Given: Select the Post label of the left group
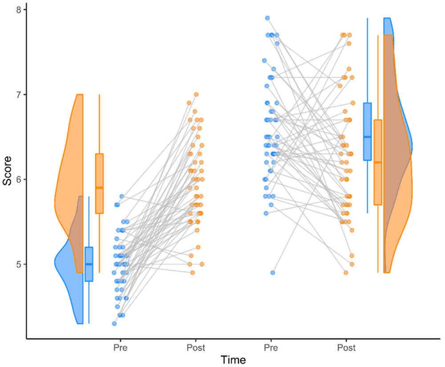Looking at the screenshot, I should point(196,347).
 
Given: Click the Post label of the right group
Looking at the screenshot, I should point(347,347).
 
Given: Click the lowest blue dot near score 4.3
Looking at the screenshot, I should point(114,324).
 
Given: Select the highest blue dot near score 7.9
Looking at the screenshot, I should point(267,18).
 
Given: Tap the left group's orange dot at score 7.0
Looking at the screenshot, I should point(196,94).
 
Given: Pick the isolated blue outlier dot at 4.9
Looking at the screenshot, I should point(273,273).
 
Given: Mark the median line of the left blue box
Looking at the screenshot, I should point(89,264).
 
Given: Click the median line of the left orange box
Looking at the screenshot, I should point(99,188).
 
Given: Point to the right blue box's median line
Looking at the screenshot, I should point(367,137).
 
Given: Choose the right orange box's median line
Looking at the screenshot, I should point(378,163).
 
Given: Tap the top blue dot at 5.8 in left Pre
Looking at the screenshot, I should point(122,196).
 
